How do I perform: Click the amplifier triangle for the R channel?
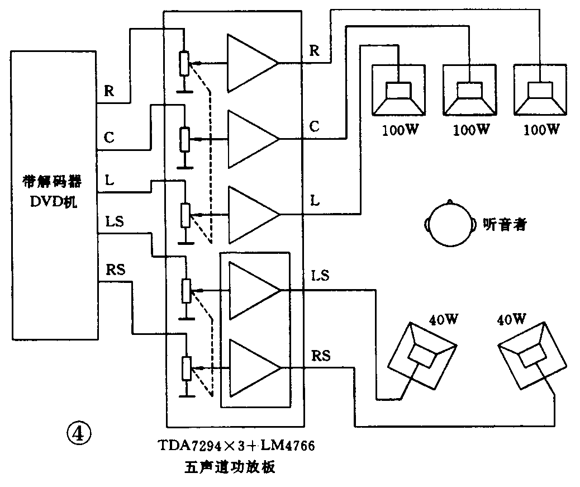[x=249, y=62]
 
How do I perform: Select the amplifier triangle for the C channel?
[x=249, y=138]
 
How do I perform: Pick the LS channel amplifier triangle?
[x=250, y=290]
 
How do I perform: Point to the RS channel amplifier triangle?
[x=250, y=367]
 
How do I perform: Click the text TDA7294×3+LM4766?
[x=236, y=446]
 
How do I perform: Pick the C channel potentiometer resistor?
[x=184, y=139]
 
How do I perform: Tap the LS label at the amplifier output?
[x=319, y=276]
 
